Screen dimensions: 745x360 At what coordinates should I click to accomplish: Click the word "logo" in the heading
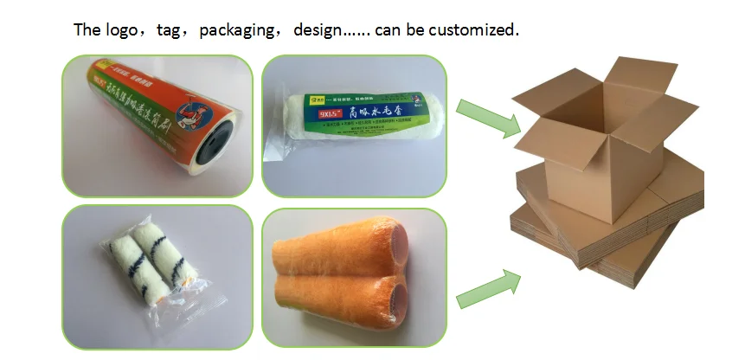[125, 30]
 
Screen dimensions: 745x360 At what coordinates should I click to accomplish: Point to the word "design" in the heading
[318, 30]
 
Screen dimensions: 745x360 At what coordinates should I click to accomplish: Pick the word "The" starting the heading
[87, 30]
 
